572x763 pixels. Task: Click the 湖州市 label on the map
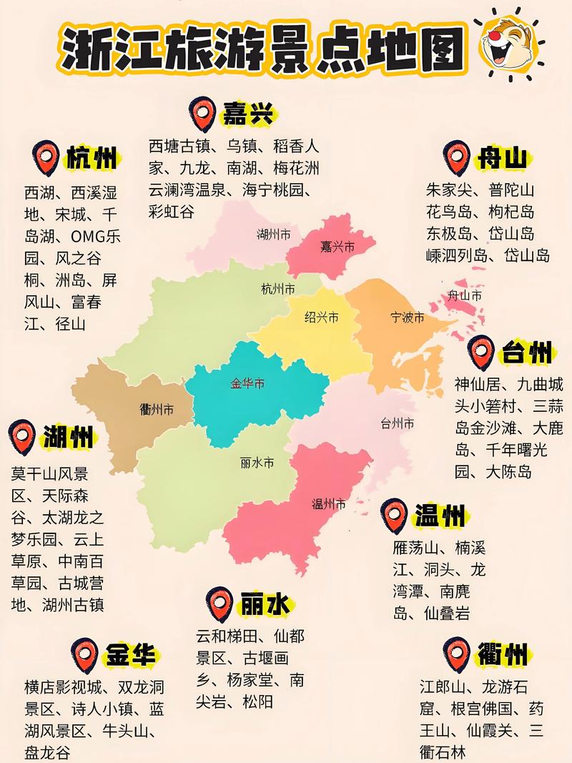coord(274,234)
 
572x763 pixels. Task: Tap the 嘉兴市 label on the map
coord(337,247)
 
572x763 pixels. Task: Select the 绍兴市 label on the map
coord(321,317)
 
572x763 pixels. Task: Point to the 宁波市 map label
coord(408,317)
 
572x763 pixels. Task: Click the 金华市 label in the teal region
coord(247,384)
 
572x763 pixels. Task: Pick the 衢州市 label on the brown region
coord(157,410)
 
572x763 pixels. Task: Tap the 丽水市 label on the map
coord(257,463)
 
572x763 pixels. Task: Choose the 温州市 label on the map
coord(329,503)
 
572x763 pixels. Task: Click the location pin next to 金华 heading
coord(85,654)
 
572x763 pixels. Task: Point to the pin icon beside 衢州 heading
coord(455,651)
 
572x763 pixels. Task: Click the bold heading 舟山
coord(503,157)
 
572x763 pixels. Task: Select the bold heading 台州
coord(526,352)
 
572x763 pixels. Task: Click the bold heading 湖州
coord(68,435)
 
